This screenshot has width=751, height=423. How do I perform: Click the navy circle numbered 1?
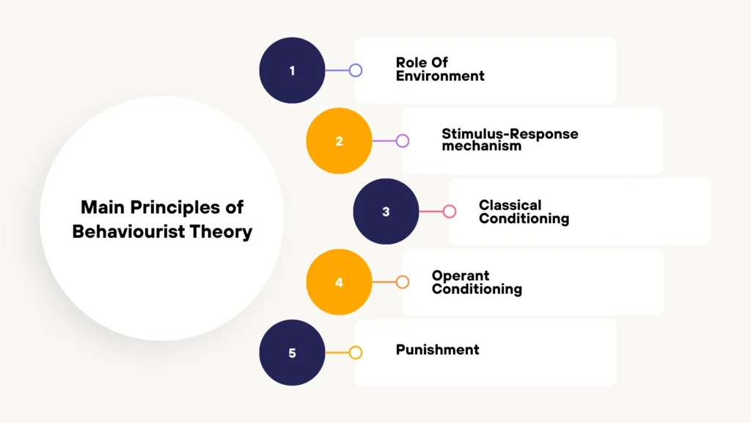[292, 70]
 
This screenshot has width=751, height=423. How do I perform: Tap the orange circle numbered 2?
[339, 141]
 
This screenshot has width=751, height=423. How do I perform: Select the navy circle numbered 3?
[386, 211]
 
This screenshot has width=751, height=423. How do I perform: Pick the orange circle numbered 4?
[339, 282]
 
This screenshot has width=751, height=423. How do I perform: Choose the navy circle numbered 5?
[292, 352]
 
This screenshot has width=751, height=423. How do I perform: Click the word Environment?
[440, 76]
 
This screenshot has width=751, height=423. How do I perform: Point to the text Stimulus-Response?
[510, 134]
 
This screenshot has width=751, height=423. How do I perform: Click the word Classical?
[510, 205]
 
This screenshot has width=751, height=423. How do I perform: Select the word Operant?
[460, 275]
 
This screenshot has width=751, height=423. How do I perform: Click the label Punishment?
[437, 350]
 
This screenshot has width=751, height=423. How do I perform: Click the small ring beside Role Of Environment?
[356, 70]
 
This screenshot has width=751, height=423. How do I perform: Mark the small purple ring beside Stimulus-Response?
[403, 141]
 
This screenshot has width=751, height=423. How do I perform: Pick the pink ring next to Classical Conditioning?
[450, 211]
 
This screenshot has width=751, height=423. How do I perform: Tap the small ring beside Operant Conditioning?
[403, 282]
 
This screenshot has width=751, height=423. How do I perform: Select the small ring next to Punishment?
[356, 352]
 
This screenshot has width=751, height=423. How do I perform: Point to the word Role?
[411, 63]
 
